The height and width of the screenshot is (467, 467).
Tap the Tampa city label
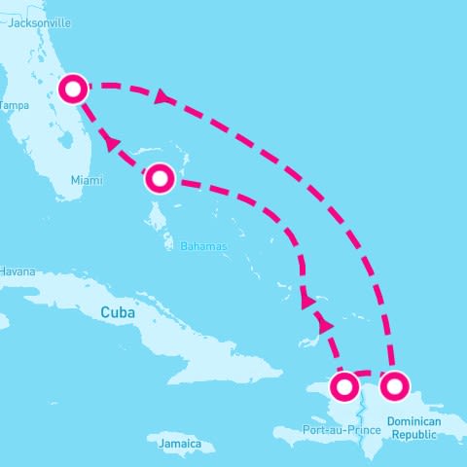click(x=15, y=104)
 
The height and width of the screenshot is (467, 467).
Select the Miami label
click(x=87, y=180)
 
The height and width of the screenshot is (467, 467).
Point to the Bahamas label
click(x=203, y=246)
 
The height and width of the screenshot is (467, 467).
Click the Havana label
click(x=18, y=270)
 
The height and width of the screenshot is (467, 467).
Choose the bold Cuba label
click(x=117, y=312)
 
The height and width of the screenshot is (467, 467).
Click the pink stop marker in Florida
click(x=74, y=89)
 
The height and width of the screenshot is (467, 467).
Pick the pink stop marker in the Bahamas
click(x=160, y=178)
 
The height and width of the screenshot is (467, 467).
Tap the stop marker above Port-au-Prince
click(x=343, y=387)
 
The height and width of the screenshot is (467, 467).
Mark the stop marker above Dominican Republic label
click(x=394, y=386)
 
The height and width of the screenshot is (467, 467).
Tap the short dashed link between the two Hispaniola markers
click(x=369, y=374)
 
